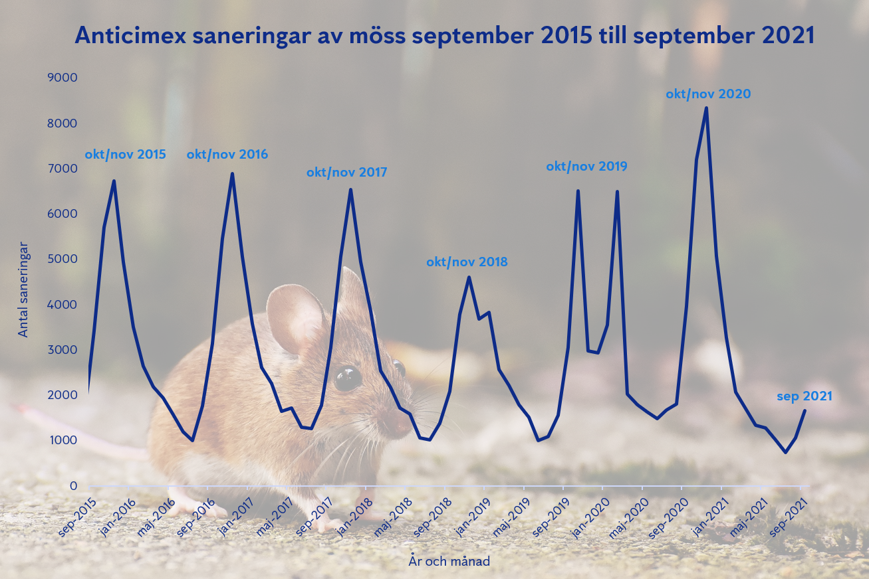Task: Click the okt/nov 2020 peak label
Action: pyautogui.click(x=708, y=94)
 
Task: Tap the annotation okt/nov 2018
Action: pyautogui.click(x=467, y=262)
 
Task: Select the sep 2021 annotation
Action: pyautogui.click(x=805, y=397)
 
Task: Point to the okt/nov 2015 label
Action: pyautogui.click(x=125, y=155)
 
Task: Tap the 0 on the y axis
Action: pyautogui.click(x=73, y=486)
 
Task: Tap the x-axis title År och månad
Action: pyautogui.click(x=449, y=562)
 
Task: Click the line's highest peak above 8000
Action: pyautogui.click(x=706, y=108)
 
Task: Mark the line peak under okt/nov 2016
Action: pyautogui.click(x=232, y=175)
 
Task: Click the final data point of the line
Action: pyautogui.click(x=805, y=410)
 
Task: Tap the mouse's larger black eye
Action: pyautogui.click(x=348, y=378)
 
